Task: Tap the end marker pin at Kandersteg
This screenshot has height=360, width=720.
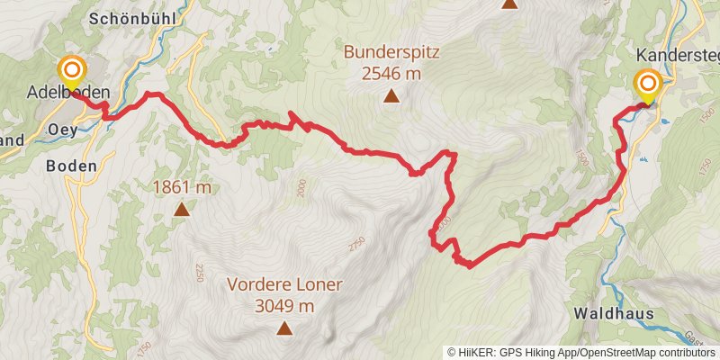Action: tap(647, 85)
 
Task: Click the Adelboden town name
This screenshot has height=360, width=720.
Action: tap(68, 93)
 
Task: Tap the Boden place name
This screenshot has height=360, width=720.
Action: tap(69, 166)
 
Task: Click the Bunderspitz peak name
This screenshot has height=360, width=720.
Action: tap(391, 52)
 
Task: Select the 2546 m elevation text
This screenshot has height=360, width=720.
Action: tap(391, 74)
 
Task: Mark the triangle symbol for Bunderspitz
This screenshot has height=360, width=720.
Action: tap(391, 96)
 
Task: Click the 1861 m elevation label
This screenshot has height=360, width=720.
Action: tap(181, 187)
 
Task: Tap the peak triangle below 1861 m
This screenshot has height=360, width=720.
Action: tap(181, 210)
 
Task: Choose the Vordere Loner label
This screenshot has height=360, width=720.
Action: tap(284, 285)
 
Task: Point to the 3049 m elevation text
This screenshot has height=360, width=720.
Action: tap(284, 307)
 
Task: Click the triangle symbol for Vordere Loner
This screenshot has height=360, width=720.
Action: tap(284, 328)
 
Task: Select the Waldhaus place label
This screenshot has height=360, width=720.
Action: tap(612, 313)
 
